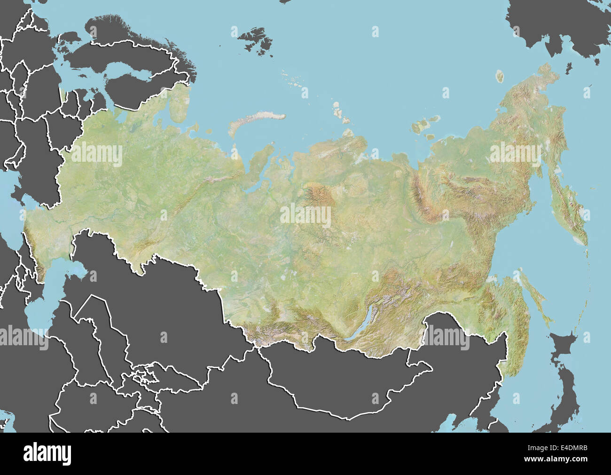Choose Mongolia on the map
(338, 381)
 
